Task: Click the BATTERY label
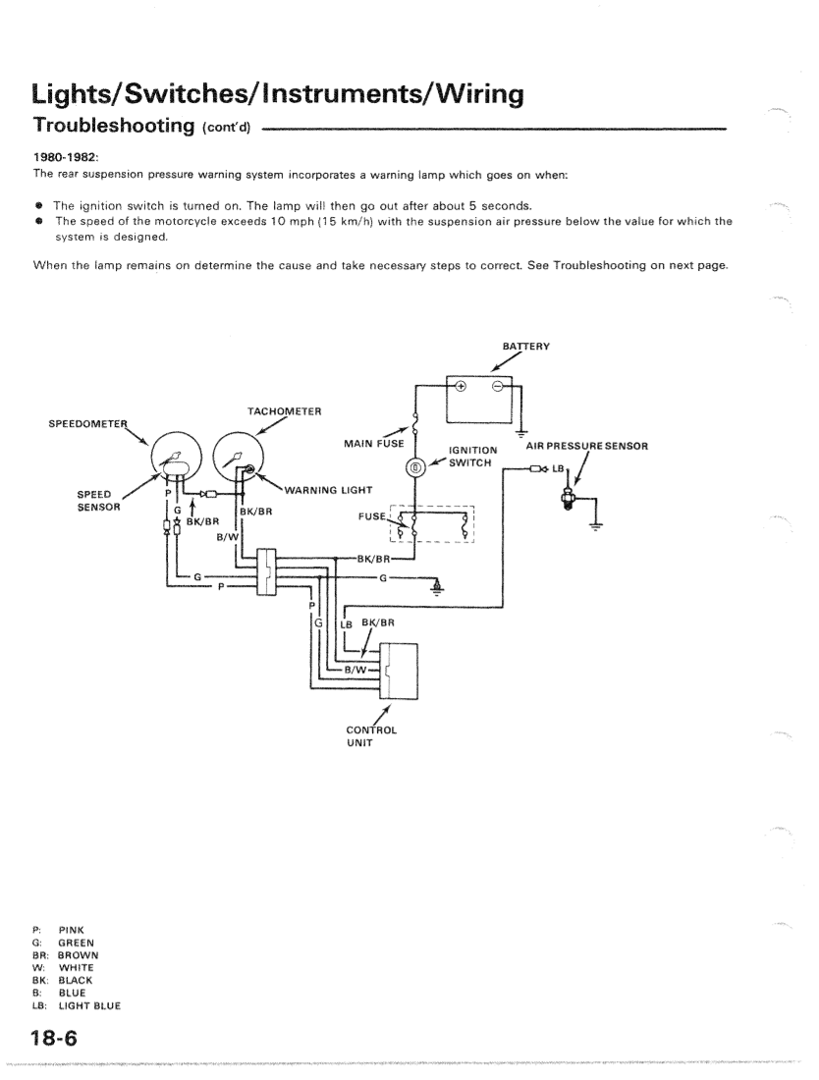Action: pos(525,346)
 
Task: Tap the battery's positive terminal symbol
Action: pos(461,385)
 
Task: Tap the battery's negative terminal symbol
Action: pos(498,385)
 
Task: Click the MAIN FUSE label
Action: pos(374,444)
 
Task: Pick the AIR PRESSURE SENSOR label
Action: pos(587,446)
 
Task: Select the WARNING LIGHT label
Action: pos(323,490)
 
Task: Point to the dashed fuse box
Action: pos(432,523)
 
